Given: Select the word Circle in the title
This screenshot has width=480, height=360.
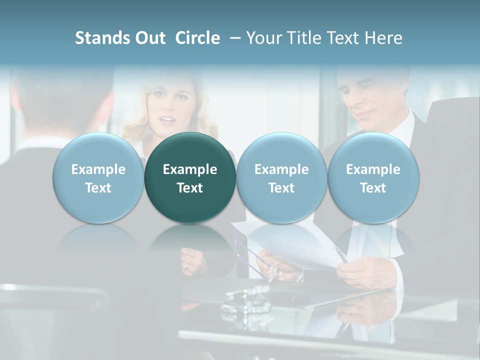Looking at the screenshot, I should (x=197, y=38).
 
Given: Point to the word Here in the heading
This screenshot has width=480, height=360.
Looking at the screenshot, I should (x=383, y=38).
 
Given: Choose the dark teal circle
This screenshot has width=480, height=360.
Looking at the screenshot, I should (x=190, y=178).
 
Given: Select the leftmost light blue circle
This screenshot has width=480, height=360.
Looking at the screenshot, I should (x=98, y=178).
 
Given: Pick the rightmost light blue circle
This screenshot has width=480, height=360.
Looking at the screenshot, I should (x=373, y=178).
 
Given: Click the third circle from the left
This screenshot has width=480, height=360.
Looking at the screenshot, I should (x=281, y=178).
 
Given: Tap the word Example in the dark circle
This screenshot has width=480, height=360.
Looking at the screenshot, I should (x=190, y=169).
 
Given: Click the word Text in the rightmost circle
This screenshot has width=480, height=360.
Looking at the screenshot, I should (x=373, y=188).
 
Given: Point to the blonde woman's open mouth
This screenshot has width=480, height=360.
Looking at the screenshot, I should (x=167, y=120).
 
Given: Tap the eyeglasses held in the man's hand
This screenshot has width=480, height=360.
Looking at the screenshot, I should (x=260, y=260).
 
